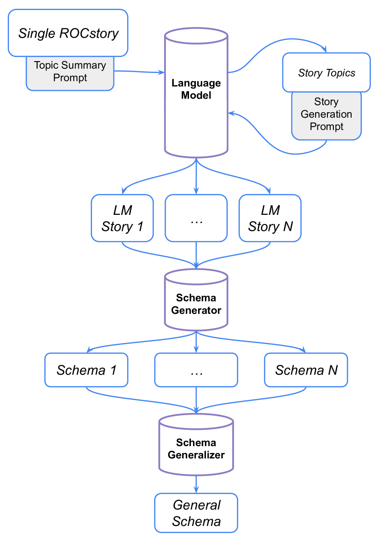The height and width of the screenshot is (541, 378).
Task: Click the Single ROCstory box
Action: point(68,33)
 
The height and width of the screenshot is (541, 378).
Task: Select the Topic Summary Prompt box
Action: point(70,72)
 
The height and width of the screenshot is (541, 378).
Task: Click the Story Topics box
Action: point(326,73)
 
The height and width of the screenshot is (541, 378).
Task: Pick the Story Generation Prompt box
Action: point(326,115)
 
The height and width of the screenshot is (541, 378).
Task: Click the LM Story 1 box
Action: point(123,218)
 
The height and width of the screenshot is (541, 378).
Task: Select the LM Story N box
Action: point(270,218)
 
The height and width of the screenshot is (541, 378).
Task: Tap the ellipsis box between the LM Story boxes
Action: point(196,218)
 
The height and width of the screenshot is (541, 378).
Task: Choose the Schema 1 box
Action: point(86,370)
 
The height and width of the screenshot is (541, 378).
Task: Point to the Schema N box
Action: point(306,370)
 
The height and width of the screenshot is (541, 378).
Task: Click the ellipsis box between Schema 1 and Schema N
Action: point(196,370)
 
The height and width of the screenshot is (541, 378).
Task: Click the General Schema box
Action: point(196,513)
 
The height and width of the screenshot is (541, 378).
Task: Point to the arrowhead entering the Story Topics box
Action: point(325,50)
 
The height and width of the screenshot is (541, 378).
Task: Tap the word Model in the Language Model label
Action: point(196,96)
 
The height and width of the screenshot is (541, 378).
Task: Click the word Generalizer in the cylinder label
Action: point(196,455)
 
